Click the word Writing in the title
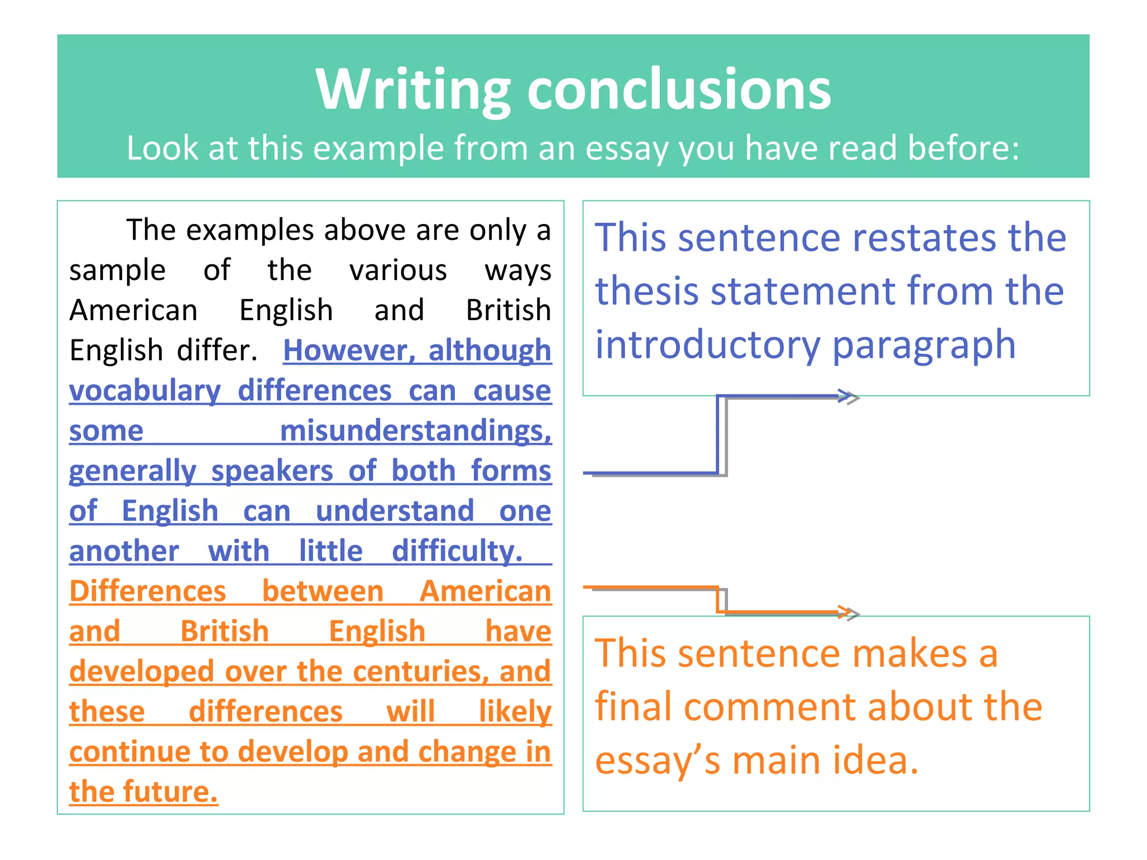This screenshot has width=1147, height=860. point(413,90)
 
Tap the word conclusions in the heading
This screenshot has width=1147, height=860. point(679,90)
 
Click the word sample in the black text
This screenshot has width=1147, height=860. point(118,271)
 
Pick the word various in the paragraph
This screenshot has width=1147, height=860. point(398,271)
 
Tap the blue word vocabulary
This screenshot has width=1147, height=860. point(145,391)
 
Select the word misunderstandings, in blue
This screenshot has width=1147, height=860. point(416,431)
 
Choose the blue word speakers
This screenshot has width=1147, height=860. point(272,471)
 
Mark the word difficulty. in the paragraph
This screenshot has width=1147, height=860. point(457,551)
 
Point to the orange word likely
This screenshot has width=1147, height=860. point(515,712)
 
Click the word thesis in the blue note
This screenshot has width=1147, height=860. point(646,291)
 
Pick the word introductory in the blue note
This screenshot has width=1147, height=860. point(707,345)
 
